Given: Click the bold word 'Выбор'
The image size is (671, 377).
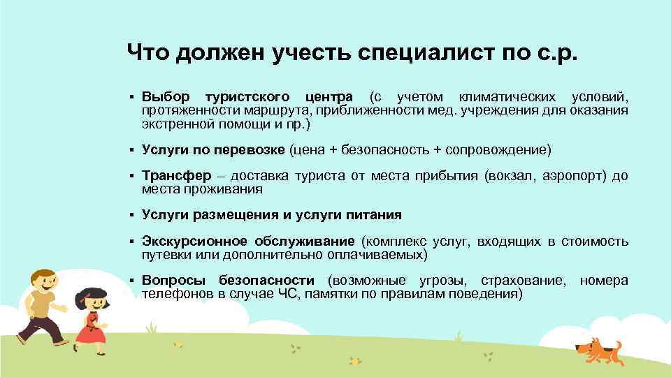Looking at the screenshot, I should click(x=165, y=96).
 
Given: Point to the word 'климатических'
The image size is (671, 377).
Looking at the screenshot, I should click(x=507, y=96).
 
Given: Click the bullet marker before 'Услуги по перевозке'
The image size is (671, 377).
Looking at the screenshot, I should click(x=131, y=149).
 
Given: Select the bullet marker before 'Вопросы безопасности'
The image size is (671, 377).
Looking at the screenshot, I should click(x=131, y=281).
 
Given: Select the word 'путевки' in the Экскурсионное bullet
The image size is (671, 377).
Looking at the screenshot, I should click(x=163, y=255).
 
